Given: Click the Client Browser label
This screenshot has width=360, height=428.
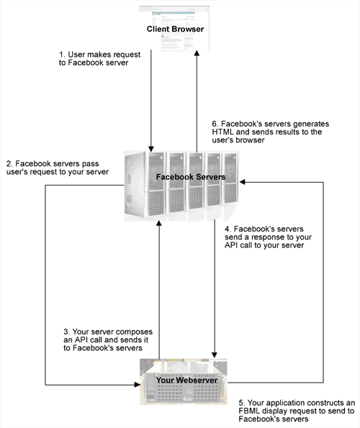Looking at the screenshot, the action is [175, 29].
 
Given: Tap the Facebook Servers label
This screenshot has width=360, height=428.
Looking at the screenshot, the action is [191, 177].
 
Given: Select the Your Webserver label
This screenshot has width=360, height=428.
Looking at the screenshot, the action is [186, 380].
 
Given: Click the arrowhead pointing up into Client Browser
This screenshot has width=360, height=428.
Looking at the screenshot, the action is [197, 53].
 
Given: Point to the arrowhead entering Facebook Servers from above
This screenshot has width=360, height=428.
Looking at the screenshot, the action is [150, 148].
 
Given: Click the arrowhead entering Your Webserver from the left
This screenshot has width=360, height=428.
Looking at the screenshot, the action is [137, 385].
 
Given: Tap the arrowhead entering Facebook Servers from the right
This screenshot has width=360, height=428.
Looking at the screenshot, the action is [242, 182].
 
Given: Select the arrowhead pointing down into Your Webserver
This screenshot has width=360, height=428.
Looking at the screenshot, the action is [215, 355].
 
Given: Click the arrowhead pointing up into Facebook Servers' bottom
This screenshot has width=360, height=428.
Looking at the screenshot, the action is [159, 223].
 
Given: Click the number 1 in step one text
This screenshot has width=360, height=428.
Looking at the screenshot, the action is [61, 55].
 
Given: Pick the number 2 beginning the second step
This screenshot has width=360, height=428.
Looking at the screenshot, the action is [9, 164].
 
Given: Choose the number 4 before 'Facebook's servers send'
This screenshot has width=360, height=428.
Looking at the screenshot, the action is [228, 229].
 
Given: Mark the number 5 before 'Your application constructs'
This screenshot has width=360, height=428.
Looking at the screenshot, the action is [242, 403].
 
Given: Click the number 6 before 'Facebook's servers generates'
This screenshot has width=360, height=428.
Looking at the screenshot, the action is [215, 124].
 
